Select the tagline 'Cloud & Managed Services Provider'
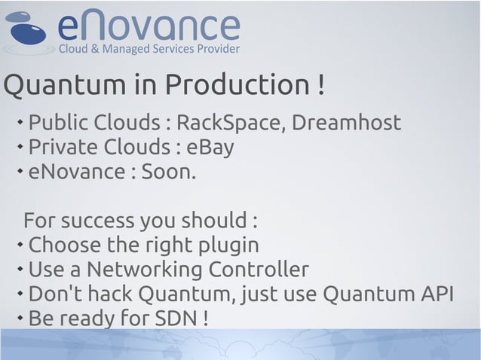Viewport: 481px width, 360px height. [149, 50]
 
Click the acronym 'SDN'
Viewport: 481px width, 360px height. [176, 318]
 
